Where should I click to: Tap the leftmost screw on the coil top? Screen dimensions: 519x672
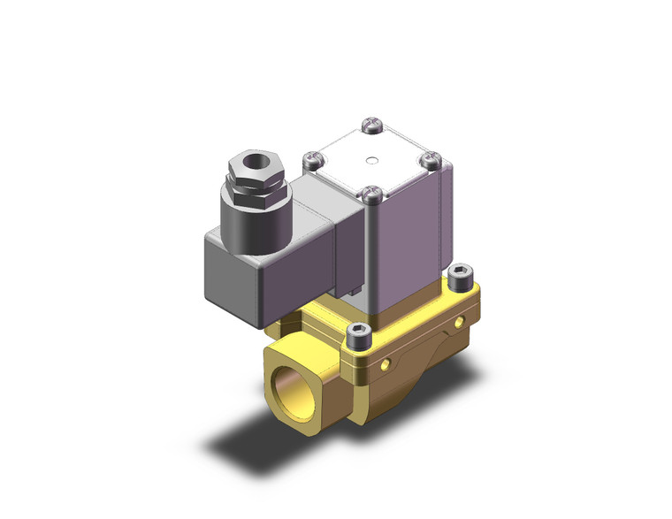pos(310,160)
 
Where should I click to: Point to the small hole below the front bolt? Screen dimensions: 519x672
pos(387,364)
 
